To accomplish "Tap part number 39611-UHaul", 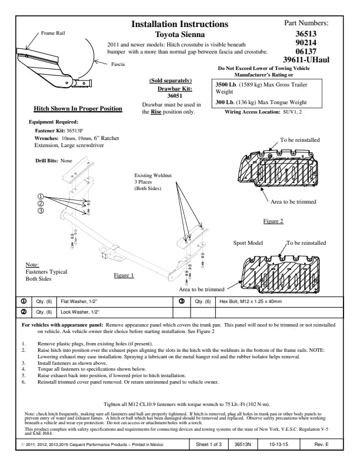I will point(306,59).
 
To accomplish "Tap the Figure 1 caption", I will point(124,275).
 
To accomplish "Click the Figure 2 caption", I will point(273,221).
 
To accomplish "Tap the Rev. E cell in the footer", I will point(322,444).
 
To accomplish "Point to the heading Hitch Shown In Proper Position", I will point(78,109).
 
